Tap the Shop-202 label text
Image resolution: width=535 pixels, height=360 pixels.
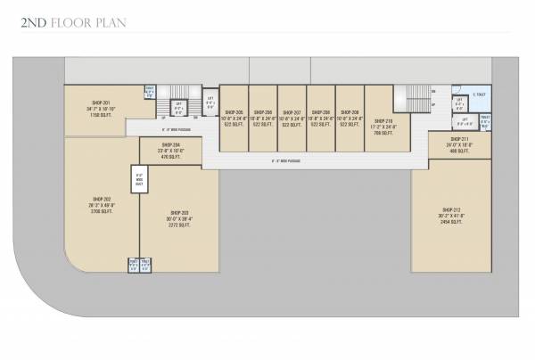(x=101, y=199)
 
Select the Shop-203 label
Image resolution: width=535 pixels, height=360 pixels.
(x=178, y=211)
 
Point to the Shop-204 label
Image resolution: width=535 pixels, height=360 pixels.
(x=171, y=144)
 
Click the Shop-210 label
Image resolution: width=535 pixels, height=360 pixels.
(x=383, y=120)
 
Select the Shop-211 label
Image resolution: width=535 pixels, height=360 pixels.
(x=459, y=139)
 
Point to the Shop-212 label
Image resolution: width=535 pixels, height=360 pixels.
(x=450, y=209)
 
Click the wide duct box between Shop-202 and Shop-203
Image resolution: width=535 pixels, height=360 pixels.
(x=140, y=177)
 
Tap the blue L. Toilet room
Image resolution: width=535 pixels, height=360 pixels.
(x=480, y=94)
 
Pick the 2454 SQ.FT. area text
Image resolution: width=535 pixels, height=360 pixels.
(x=450, y=222)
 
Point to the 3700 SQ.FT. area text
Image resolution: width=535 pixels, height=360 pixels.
(x=101, y=212)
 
